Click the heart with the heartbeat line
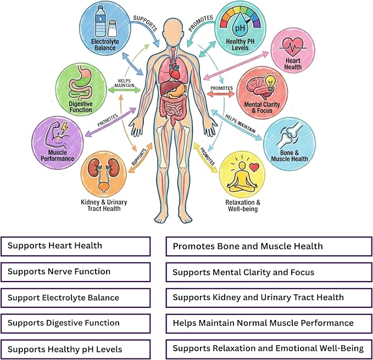pos(293,47)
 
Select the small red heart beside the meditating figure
pos(254,167)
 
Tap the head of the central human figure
pos(175,30)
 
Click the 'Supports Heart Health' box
pos(76,246)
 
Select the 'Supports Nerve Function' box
pos(76,272)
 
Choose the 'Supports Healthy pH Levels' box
pos(76,349)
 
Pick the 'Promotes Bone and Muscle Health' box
pos(269,246)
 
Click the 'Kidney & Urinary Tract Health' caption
pos(104,205)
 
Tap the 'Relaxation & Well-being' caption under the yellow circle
pos(243,206)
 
